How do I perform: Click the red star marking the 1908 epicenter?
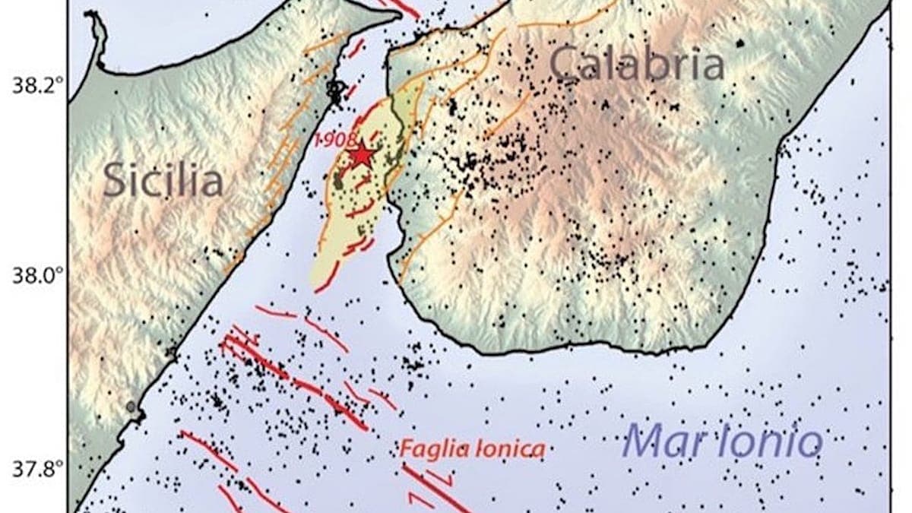(362, 155)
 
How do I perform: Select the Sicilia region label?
(163, 181)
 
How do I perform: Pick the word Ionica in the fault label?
(509, 450)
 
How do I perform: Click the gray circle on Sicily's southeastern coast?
(131, 407)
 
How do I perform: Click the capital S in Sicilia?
(115, 181)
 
